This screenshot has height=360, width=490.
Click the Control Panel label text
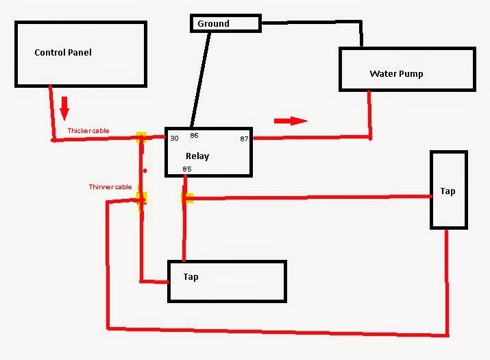(x=62, y=53)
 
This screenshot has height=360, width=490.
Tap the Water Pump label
(x=396, y=73)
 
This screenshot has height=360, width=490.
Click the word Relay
(x=197, y=156)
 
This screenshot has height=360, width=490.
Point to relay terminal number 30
(x=174, y=139)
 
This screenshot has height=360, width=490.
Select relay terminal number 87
(x=244, y=139)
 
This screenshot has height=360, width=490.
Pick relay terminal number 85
(x=187, y=169)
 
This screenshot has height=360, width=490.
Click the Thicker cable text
(x=88, y=131)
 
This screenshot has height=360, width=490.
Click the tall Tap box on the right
(x=448, y=190)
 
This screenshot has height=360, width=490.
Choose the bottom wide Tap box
(x=227, y=280)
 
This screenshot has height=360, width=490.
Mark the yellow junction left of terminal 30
(x=141, y=138)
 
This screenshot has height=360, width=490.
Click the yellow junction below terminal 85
(x=187, y=198)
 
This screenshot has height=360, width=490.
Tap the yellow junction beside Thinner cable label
(x=142, y=198)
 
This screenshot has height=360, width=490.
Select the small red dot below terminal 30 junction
(x=145, y=171)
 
